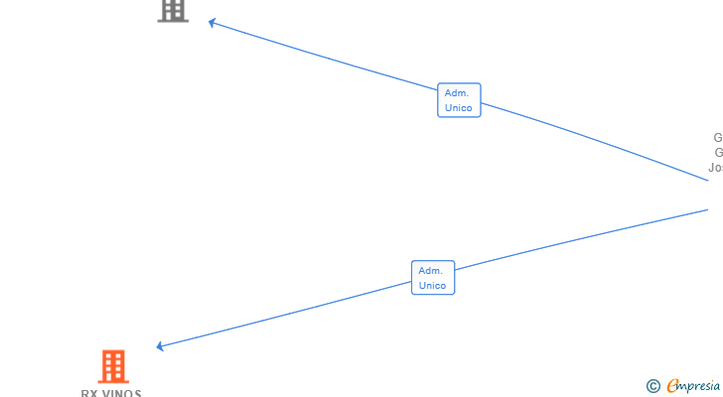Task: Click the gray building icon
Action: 173,9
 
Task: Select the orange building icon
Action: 113,366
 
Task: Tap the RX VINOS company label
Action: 111,393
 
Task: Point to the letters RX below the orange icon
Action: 88,393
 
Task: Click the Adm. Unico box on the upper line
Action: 459,100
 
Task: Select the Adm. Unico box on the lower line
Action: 433,278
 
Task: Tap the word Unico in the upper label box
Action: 459,108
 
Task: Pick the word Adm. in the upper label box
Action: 457,92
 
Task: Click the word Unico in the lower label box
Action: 433,286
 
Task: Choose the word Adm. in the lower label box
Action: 430,270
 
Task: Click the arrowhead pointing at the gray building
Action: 213,23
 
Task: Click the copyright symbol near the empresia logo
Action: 652,386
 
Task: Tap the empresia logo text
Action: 695,386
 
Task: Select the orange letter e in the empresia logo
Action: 672,386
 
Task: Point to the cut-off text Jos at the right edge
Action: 715,168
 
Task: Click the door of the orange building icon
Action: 113,377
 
